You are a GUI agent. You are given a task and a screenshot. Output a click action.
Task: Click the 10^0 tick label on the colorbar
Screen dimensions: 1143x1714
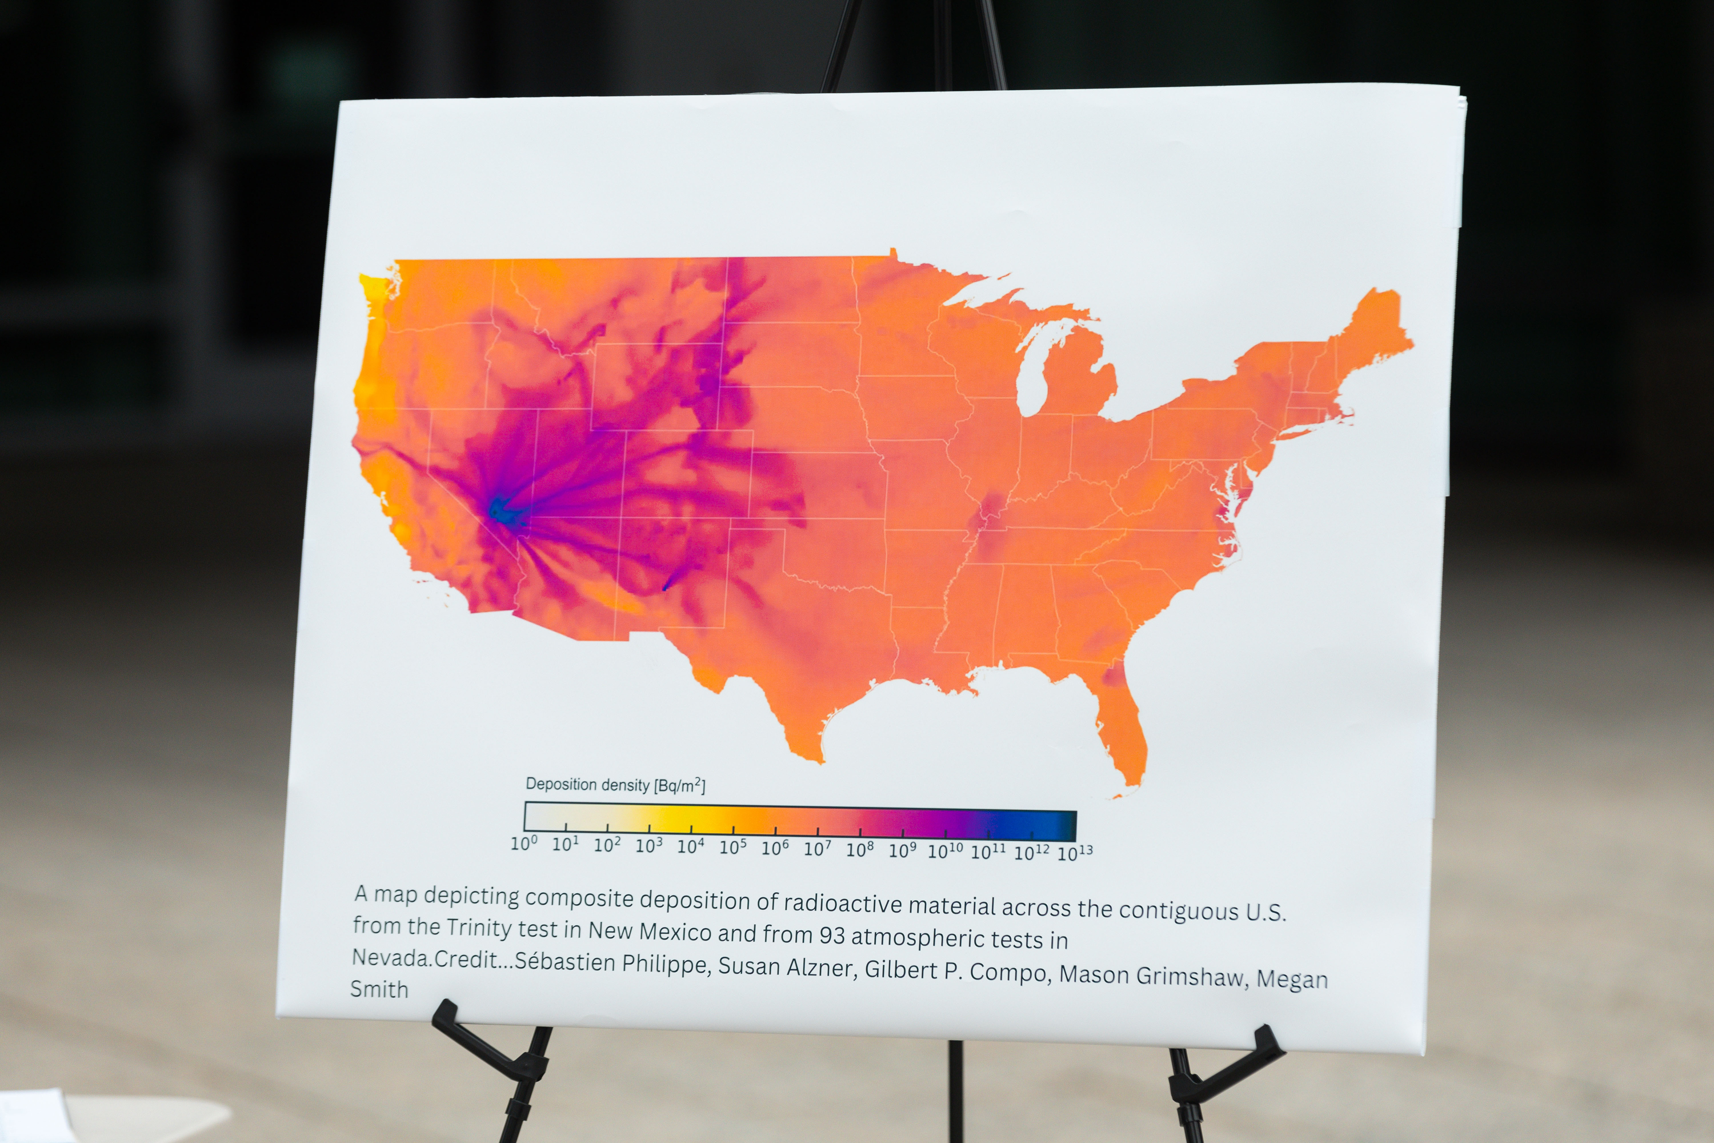pyautogui.click(x=523, y=844)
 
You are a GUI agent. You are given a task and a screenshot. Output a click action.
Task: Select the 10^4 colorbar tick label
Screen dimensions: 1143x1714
pyautogui.click(x=691, y=846)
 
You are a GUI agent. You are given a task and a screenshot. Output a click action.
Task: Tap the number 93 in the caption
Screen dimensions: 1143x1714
pyautogui.click(x=832, y=935)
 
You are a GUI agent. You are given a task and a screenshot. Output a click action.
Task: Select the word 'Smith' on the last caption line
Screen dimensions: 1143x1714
pyautogui.click(x=379, y=989)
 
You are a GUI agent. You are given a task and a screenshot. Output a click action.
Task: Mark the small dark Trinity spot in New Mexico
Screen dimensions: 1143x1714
pyautogui.click(x=664, y=585)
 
